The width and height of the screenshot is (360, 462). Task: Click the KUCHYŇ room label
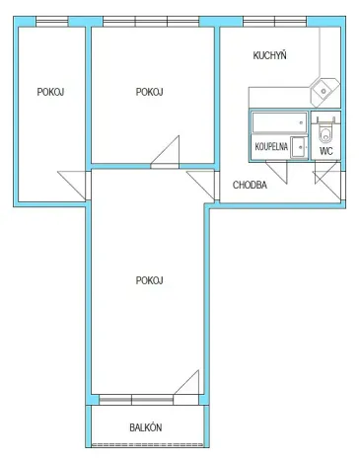(269, 56)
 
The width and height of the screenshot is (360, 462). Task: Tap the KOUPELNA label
(270, 147)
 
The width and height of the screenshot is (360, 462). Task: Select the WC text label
(325, 152)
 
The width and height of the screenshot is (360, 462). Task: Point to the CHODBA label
(250, 185)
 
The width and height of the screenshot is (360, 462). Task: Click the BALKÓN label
(146, 427)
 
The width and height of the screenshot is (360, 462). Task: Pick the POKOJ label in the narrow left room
(50, 92)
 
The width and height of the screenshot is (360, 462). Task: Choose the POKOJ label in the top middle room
(149, 92)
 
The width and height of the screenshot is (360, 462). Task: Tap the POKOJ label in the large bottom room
(149, 280)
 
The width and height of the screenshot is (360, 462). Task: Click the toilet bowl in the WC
(326, 132)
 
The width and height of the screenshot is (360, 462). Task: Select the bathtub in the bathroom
(278, 122)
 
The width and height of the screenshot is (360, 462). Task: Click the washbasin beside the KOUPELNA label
(298, 147)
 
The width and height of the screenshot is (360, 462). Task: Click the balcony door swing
(187, 386)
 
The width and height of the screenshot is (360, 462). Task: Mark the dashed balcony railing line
(149, 444)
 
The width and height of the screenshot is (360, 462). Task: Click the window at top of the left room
(51, 22)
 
